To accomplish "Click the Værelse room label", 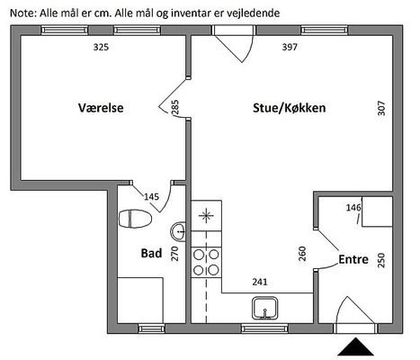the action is click(x=101, y=108).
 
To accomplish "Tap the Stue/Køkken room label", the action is click(x=290, y=108).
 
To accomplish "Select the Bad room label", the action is click(x=151, y=253).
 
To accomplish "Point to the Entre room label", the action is click(x=353, y=259).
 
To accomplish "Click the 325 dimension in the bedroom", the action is click(x=101, y=47).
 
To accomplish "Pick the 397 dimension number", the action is click(x=290, y=47).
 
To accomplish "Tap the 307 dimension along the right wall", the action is click(x=381, y=108).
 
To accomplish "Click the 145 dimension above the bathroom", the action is click(x=151, y=197).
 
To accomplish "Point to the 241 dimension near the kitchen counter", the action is click(x=260, y=282).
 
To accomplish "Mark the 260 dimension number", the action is click(x=302, y=254).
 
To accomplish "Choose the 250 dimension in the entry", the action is click(x=380, y=260).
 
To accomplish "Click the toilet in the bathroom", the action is click(x=135, y=219).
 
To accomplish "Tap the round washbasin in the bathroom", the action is click(x=178, y=231).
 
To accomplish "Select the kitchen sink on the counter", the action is click(x=264, y=308).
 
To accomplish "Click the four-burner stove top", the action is click(x=206, y=262).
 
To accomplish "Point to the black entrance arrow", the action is click(x=355, y=346).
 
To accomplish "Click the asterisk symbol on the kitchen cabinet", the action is click(x=206, y=215).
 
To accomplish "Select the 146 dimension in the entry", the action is click(x=353, y=207).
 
